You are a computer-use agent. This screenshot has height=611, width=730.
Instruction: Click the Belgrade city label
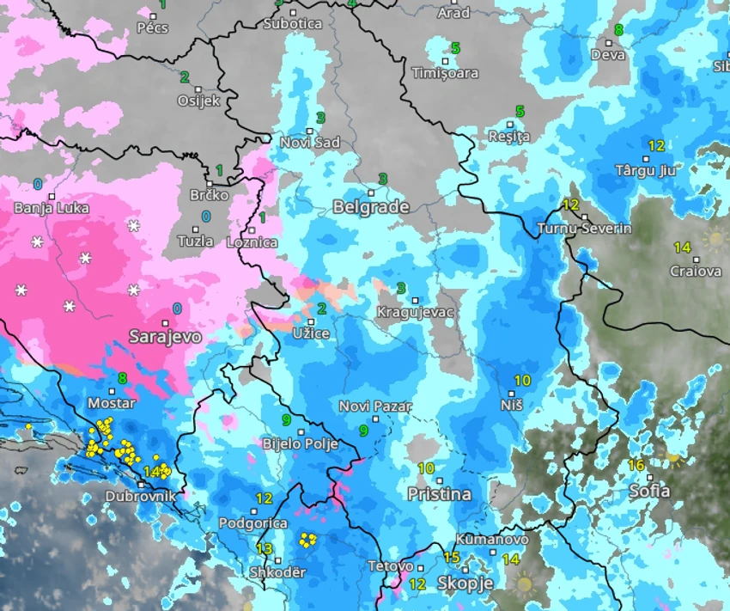pos(370,207)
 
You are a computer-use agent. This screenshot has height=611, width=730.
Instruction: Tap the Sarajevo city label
pos(165,336)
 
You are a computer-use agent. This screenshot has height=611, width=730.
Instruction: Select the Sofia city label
pos(649,492)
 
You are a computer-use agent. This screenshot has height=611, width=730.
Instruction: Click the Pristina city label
pos(439,494)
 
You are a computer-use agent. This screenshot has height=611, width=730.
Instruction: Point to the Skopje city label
pos(465,584)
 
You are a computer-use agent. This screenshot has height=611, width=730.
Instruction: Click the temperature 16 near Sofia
pos(636,465)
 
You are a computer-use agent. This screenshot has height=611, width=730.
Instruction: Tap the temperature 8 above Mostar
pos(122,378)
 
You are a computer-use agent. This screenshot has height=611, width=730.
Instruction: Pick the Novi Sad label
pos(310,143)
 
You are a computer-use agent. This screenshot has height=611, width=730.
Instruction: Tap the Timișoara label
pos(444,73)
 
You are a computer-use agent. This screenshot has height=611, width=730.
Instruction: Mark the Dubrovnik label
pos(140,497)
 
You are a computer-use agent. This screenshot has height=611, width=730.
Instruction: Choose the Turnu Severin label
pos(584,229)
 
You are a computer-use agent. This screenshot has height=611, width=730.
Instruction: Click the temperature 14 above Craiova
pos(682,247)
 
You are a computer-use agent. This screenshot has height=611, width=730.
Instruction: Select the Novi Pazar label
pos(375,406)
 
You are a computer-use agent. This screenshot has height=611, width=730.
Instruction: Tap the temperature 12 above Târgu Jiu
pos(656,145)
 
